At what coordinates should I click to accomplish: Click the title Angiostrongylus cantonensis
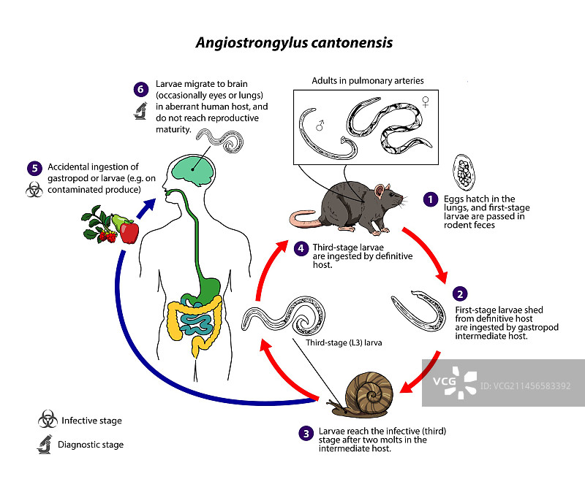[x=294, y=43]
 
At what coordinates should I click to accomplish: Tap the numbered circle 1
[x=431, y=198]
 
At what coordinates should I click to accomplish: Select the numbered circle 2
[x=459, y=294]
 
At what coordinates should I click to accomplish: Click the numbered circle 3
[x=306, y=433]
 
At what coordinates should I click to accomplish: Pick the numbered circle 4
[x=300, y=249]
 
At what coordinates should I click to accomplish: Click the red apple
[x=130, y=233]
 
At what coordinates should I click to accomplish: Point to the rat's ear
[x=380, y=192]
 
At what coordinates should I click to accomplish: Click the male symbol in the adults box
[x=319, y=125]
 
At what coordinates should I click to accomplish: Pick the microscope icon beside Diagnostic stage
[x=46, y=443]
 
